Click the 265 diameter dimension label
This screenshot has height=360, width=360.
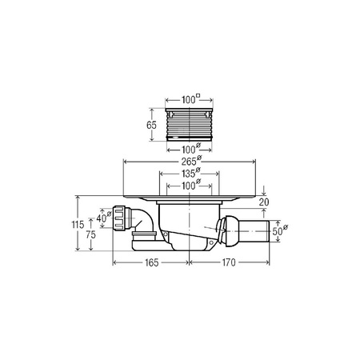(x=191, y=161)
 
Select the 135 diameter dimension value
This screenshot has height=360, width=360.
(x=191, y=174)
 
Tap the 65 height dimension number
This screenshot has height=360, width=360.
(x=151, y=125)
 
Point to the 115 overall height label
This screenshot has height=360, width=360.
(x=78, y=225)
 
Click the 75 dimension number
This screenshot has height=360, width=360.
(x=90, y=234)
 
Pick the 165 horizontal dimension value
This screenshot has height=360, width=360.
(x=151, y=262)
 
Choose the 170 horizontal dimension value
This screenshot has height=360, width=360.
(x=229, y=262)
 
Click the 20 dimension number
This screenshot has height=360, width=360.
(x=264, y=202)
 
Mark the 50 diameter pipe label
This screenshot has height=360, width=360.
(x=280, y=230)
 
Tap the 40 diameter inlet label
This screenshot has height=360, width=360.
(x=104, y=218)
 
